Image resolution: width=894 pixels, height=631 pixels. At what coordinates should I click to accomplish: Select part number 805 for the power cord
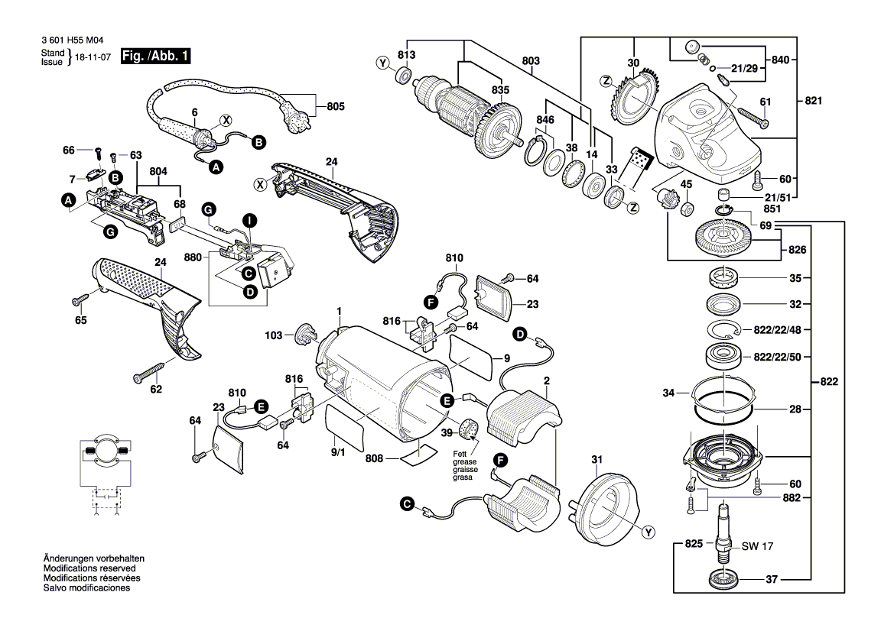(x=335, y=107)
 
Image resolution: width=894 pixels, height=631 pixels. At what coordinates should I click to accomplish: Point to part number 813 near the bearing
(x=406, y=55)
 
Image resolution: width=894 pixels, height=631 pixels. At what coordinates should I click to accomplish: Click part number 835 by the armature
(x=500, y=90)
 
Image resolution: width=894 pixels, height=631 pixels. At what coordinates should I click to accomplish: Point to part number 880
(x=192, y=257)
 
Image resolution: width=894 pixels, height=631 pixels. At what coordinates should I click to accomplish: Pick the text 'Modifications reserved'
(x=89, y=569)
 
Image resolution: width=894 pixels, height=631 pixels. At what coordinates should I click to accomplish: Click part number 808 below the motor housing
(x=374, y=459)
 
